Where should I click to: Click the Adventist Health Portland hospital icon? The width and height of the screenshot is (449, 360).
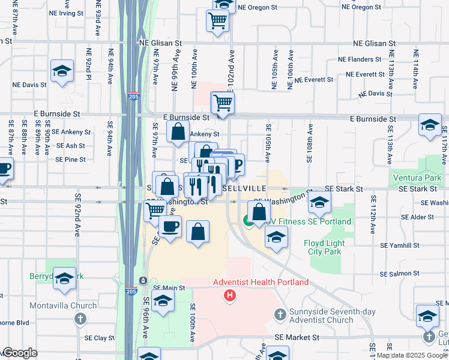tap(229, 295)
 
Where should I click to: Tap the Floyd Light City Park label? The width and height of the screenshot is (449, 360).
tap(324, 247)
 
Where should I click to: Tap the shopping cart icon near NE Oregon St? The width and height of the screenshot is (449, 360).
tap(217, 21)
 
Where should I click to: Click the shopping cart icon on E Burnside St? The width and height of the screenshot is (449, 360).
tap(222, 103)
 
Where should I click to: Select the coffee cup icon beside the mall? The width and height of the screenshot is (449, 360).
tap(170, 226)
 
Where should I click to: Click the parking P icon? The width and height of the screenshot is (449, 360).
tap(237, 164)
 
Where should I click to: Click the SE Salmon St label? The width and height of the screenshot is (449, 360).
tap(400, 273)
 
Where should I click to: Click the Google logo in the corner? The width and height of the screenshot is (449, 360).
tap(19, 353)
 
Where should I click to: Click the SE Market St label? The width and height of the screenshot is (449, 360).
tap(297, 338)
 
